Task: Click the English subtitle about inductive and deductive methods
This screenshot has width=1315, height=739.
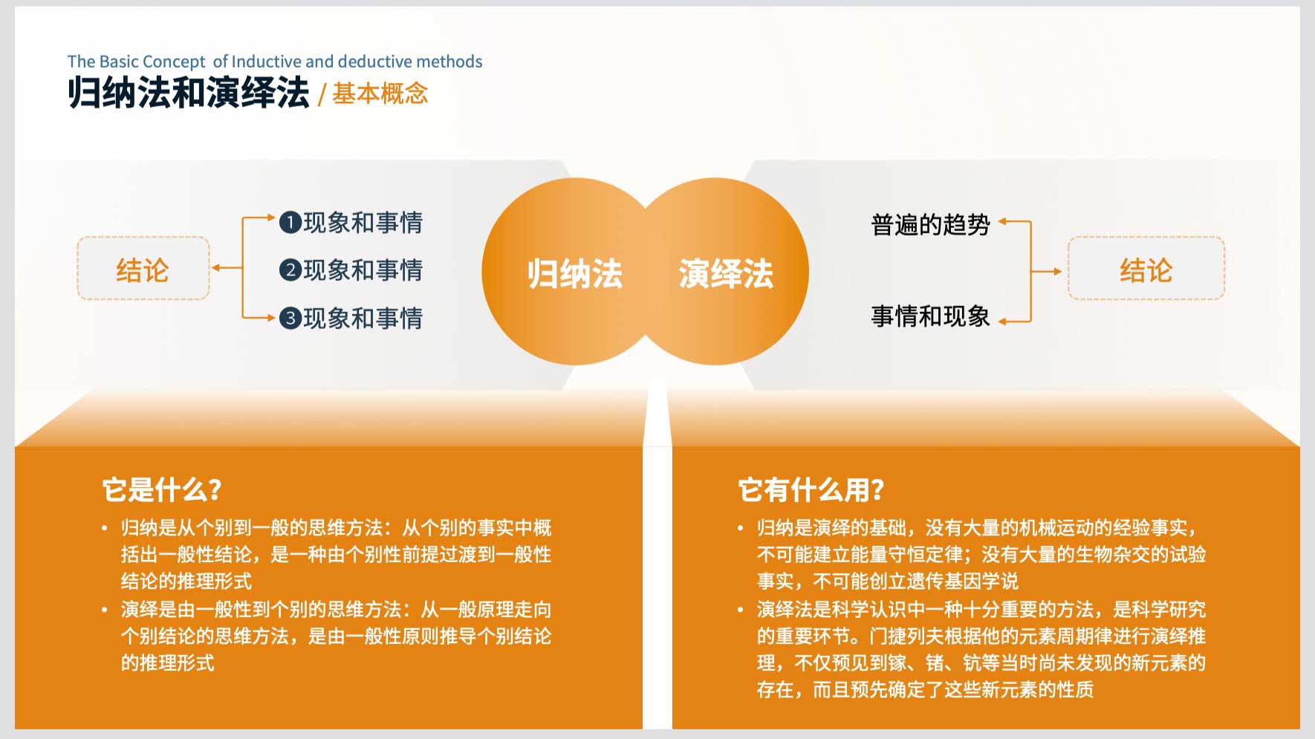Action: click(x=275, y=62)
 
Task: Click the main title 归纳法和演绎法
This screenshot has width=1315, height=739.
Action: click(x=188, y=93)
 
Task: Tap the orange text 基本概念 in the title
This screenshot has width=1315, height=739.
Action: click(x=380, y=94)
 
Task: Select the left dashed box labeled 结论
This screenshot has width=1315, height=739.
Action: click(x=143, y=268)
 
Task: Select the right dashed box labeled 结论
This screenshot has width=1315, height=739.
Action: click(x=1146, y=268)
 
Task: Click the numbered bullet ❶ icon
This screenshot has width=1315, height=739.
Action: click(x=290, y=222)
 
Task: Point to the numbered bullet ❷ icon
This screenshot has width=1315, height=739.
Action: click(x=290, y=270)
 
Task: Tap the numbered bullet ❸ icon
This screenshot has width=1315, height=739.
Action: click(x=290, y=318)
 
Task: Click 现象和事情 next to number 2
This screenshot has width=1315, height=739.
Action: click(x=363, y=270)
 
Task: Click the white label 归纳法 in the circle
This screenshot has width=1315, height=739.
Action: click(x=575, y=273)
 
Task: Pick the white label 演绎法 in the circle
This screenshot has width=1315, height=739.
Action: click(x=726, y=273)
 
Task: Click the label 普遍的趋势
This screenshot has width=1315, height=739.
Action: click(x=930, y=224)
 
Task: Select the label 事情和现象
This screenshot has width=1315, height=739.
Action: click(x=930, y=316)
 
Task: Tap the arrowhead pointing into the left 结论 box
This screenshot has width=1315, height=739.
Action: click(x=216, y=268)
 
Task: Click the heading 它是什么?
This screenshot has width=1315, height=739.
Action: click(x=162, y=490)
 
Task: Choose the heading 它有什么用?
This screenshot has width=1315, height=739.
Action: click(x=811, y=490)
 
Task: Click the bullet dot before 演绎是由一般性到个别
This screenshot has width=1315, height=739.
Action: click(x=105, y=610)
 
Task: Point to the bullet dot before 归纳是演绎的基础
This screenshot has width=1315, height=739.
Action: click(x=741, y=528)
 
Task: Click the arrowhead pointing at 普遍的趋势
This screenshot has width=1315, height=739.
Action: click(x=1003, y=221)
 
